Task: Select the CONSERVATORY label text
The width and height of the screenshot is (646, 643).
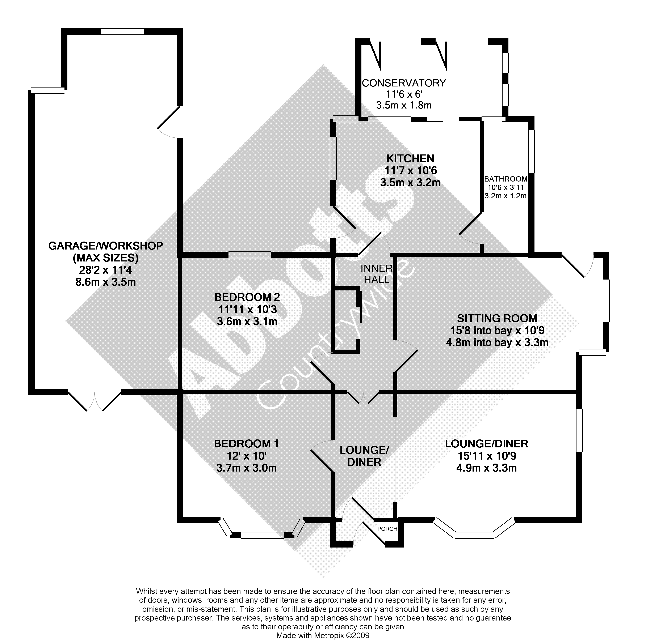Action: tap(404, 83)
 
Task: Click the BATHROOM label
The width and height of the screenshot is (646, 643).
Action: tap(506, 179)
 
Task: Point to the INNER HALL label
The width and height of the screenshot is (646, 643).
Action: tap(377, 274)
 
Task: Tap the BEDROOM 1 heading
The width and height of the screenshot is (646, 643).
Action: tap(246, 444)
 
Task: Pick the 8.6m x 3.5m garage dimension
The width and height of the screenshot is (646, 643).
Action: tap(106, 282)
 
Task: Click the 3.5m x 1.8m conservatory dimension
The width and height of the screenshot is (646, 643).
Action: tap(404, 105)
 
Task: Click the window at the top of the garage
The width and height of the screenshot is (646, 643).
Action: tap(122, 32)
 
